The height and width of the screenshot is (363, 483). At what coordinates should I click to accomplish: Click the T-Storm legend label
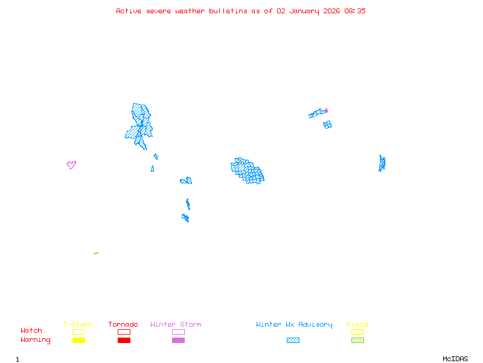(x=78, y=324)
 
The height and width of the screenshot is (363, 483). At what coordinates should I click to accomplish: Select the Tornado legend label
(x=123, y=324)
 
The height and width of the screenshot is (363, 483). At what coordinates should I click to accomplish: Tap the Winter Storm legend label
(x=176, y=324)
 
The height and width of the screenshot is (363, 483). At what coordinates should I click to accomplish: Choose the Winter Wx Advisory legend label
(x=294, y=324)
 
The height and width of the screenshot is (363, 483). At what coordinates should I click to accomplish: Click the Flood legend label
(x=357, y=324)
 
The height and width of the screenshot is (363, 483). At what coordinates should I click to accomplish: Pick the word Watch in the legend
(x=31, y=331)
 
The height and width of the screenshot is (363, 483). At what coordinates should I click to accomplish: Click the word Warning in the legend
(x=36, y=340)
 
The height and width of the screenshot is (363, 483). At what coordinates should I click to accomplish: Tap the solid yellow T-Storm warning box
(x=78, y=340)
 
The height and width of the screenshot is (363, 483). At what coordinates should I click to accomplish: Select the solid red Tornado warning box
(x=124, y=340)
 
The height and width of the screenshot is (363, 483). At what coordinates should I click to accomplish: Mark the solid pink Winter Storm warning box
(x=178, y=340)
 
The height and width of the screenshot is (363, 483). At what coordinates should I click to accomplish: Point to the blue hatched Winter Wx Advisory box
(x=293, y=340)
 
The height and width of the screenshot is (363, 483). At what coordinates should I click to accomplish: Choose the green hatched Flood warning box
(x=357, y=340)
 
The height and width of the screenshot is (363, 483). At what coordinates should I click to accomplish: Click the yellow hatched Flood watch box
(x=357, y=332)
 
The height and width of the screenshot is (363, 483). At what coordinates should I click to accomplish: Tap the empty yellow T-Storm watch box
(x=78, y=332)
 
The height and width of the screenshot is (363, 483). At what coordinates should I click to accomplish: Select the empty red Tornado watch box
(x=124, y=332)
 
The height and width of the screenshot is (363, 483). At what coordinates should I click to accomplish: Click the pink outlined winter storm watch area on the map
(x=71, y=164)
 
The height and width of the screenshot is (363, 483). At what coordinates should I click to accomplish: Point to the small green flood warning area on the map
(x=96, y=253)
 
